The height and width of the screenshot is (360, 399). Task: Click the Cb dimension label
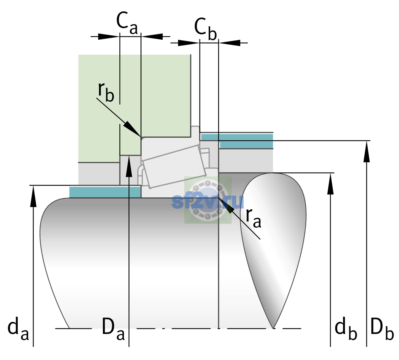tap(205, 29)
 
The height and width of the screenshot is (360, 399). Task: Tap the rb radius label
tap(106, 92)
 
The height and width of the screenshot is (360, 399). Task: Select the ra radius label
tap(253, 218)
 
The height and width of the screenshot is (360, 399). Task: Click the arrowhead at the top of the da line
tap(33, 196)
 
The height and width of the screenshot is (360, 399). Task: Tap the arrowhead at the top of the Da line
tap(129, 166)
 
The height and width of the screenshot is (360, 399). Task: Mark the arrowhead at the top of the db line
tap(330, 184)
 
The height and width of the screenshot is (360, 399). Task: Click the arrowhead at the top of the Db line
tap(367, 151)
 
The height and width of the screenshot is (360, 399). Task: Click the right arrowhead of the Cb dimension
tap(229, 43)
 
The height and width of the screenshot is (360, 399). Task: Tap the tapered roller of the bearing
tap(174, 166)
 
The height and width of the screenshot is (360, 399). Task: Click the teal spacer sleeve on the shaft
tap(105, 192)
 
